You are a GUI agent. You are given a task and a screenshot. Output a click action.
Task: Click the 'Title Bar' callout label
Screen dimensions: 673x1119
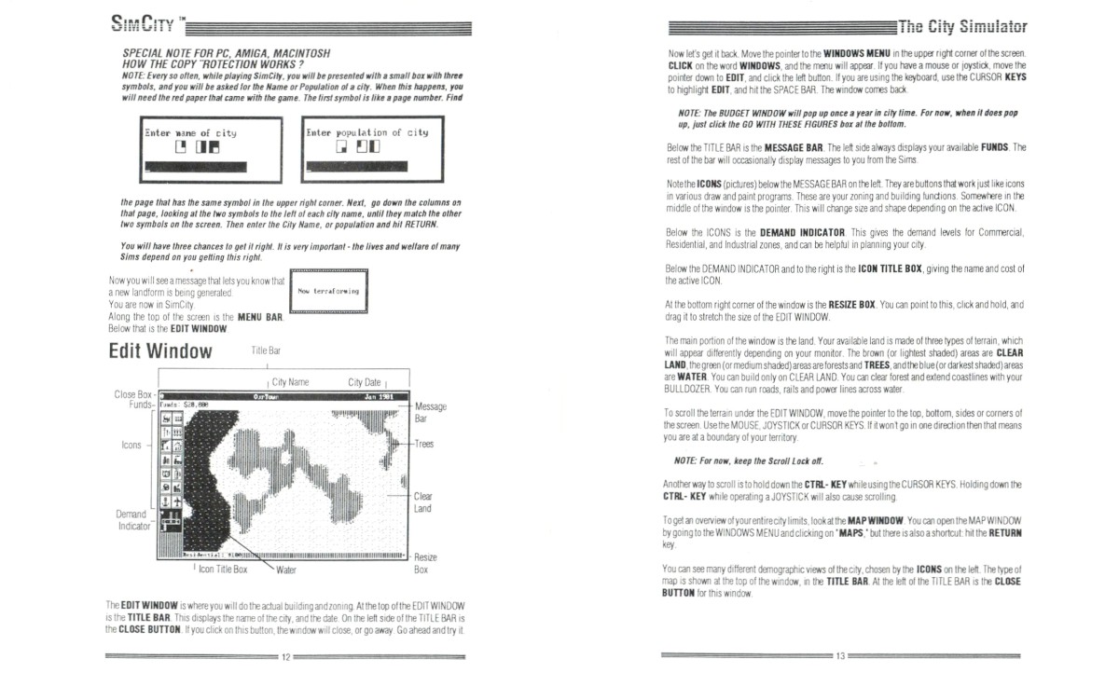[x=266, y=350]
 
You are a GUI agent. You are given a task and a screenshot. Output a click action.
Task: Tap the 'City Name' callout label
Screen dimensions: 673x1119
[x=290, y=382]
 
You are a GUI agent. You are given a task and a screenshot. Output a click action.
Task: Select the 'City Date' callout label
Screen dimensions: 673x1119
[x=364, y=382]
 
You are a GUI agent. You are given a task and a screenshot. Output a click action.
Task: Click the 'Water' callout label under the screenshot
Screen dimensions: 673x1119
[x=286, y=568]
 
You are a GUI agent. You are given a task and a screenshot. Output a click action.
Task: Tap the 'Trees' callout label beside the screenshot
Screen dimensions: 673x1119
[x=424, y=444]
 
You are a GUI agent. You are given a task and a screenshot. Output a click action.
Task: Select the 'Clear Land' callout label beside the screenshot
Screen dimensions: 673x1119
[x=422, y=502]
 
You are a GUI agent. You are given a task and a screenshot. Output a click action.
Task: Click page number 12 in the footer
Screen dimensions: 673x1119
[x=287, y=657]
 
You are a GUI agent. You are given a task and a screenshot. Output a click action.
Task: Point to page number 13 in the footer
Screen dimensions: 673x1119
[x=839, y=657]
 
